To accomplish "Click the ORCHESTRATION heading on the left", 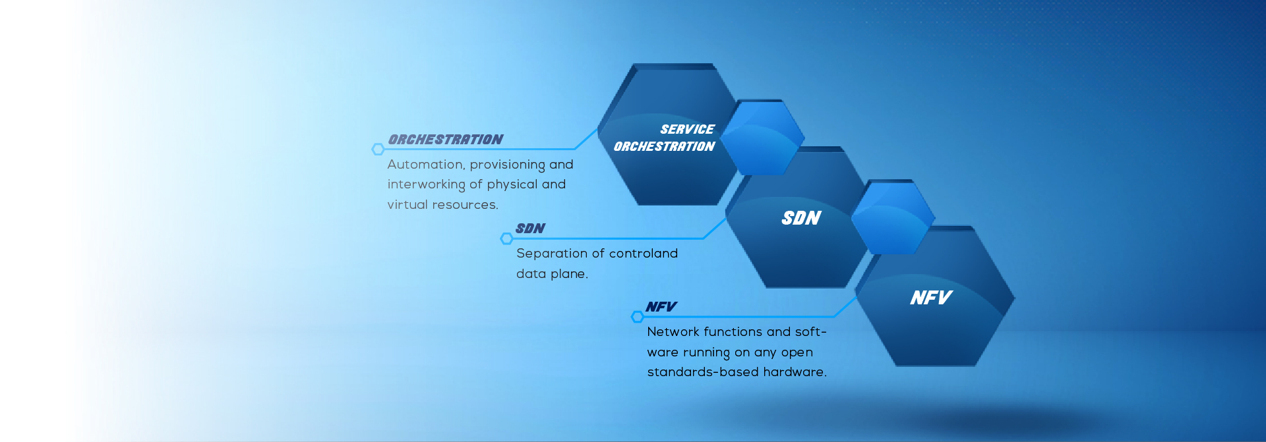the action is click(446, 140).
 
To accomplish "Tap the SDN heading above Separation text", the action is click(530, 229).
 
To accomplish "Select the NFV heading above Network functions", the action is click(661, 307).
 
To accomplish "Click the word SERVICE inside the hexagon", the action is click(687, 130).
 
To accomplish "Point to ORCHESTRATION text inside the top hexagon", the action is click(664, 146).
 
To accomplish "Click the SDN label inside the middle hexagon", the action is click(801, 218).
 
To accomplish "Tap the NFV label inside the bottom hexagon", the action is click(931, 298).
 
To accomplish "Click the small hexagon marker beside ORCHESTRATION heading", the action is click(378, 150).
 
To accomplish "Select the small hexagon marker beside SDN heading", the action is click(506, 238).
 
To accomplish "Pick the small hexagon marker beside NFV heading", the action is click(637, 317).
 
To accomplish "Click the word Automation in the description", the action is click(425, 165).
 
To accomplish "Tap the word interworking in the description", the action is click(426, 185).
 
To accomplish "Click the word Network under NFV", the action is click(673, 332).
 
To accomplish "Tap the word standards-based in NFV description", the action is click(703, 372).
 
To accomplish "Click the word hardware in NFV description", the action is click(795, 372).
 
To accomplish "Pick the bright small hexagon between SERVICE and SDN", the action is click(762, 137).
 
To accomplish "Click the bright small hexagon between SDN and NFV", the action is click(893, 217).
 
